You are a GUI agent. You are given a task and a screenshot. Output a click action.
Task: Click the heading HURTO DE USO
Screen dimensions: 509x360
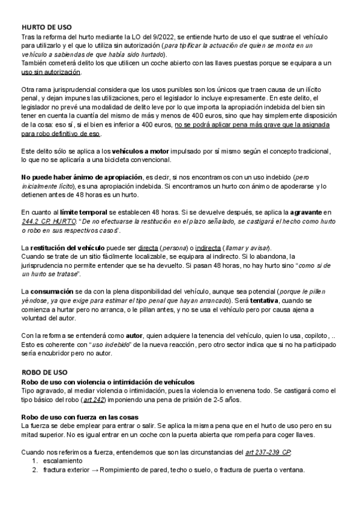point(47,28)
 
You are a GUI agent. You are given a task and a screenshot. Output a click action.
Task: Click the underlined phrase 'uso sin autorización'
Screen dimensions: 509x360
point(51,71)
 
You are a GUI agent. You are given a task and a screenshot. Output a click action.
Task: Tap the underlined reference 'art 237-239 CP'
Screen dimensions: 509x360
point(269,452)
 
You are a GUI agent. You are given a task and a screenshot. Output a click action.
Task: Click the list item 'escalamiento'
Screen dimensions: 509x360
point(64,461)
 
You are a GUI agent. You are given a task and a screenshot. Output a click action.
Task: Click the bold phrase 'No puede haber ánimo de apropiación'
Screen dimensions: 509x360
point(82,178)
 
